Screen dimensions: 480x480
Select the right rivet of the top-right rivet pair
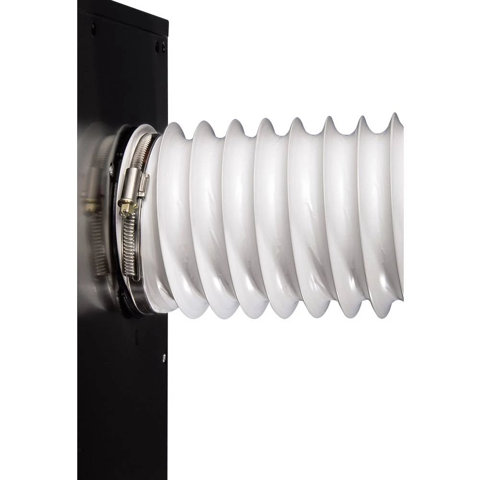coord(163,47)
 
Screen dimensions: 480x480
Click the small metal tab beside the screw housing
coord(144,185)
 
